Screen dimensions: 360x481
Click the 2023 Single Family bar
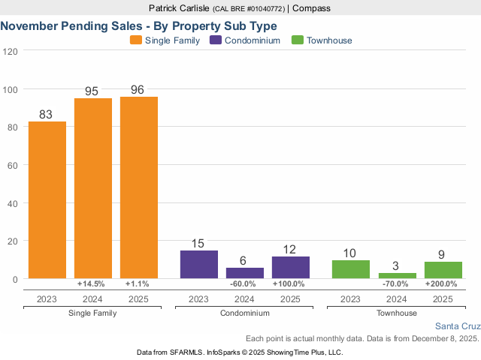pyautogui.click(x=47, y=200)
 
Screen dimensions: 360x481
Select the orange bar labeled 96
pyautogui.click(x=139, y=187)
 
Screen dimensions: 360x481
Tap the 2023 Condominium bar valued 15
pyautogui.click(x=199, y=265)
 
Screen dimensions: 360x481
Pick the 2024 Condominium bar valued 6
pyautogui.click(x=245, y=273)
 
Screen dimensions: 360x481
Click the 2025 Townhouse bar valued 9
pyautogui.click(x=443, y=270)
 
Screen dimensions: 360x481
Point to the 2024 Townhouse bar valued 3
pyautogui.click(x=397, y=275)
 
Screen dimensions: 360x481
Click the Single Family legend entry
pyautogui.click(x=165, y=40)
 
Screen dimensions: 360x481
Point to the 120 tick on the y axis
pyautogui.click(x=10, y=51)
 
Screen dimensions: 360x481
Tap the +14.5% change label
pyautogui.click(x=92, y=284)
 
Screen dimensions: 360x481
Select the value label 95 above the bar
pyautogui.click(x=92, y=91)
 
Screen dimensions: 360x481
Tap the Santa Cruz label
pyautogui.click(x=457, y=326)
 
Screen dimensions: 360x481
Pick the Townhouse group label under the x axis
pyautogui.click(x=397, y=312)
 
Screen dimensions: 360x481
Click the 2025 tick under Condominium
pyautogui.click(x=291, y=298)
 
